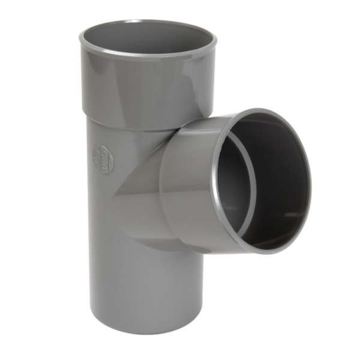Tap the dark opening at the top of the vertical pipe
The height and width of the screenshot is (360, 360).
point(147,37)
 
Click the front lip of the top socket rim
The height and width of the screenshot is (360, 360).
point(147,55)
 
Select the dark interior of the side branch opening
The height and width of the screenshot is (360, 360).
point(276,180)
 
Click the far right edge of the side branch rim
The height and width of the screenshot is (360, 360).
point(311,180)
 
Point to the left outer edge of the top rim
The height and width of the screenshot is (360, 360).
point(79,37)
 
